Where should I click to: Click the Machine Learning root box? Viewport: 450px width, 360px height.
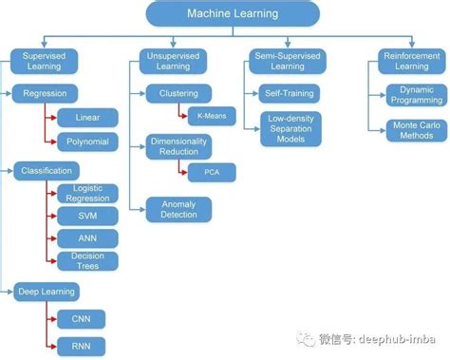point(232,13)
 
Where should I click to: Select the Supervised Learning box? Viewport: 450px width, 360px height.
point(43,62)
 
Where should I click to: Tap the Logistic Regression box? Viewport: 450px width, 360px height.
point(88,194)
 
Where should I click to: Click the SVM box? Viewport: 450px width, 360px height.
point(88,216)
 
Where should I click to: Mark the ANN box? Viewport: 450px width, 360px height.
point(88,237)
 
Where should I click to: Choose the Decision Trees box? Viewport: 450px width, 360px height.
point(88,260)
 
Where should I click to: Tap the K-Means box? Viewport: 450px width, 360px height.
point(211,116)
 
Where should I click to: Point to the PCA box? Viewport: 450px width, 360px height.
point(211,173)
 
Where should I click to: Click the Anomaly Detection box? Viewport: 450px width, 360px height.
point(178,208)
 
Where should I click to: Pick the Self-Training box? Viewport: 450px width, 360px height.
point(289,94)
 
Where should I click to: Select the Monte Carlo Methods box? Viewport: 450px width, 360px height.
point(414,131)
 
